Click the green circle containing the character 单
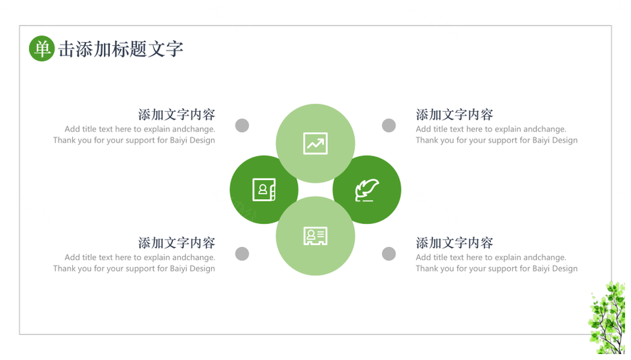[42, 49]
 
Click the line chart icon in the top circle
[315, 144]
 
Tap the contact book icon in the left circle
[264, 189]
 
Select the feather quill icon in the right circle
[367, 190]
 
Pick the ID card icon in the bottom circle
[315, 236]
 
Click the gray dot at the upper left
[242, 125]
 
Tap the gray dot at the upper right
[388, 125]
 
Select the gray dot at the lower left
[242, 254]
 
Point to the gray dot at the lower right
[388, 254]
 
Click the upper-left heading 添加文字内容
[177, 115]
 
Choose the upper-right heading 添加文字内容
[454, 115]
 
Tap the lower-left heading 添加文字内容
[177, 243]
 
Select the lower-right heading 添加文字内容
[454, 243]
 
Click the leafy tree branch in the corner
[607, 318]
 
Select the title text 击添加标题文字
[121, 49]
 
